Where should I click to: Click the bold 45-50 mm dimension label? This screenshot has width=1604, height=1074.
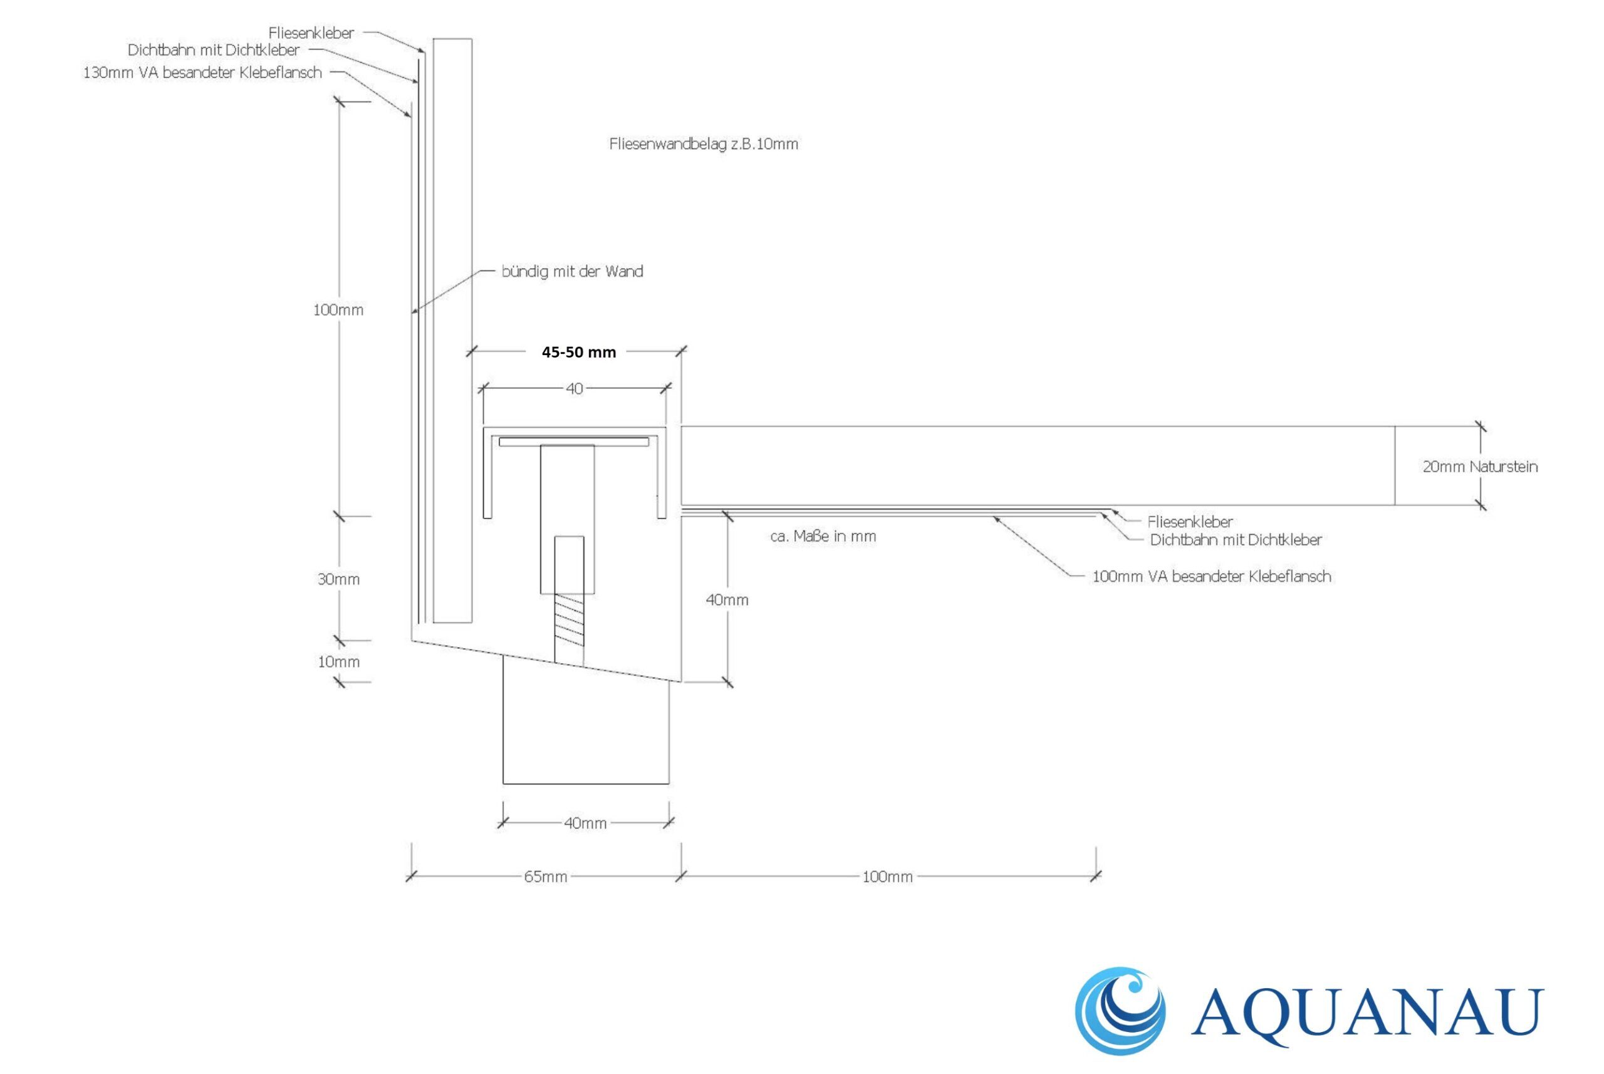578,352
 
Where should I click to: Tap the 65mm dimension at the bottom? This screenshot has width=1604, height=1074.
545,877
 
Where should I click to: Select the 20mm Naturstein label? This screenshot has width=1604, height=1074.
1480,467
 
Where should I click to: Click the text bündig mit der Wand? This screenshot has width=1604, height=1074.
572,272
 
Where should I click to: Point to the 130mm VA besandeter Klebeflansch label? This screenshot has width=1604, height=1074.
202,73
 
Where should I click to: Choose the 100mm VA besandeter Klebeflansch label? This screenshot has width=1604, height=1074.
1211,577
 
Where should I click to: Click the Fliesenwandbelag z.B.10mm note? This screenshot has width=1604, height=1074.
704,144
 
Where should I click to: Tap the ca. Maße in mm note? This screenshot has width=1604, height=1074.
823,536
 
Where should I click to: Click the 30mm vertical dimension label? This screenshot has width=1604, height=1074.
338,579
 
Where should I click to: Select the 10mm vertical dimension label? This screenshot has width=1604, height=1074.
338,663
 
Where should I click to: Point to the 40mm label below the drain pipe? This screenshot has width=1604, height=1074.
585,824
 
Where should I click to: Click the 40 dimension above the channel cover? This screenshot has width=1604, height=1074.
574,389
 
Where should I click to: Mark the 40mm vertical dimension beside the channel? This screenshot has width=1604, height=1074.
727,600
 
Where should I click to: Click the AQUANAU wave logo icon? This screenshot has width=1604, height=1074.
1119,1011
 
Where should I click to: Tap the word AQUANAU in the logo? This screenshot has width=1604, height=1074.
1368,1013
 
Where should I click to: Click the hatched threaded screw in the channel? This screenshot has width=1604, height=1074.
569,621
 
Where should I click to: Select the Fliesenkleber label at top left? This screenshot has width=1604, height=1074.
311,33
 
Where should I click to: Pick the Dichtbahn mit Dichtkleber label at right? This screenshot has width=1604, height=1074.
1236,540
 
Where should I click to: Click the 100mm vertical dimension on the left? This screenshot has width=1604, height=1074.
338,310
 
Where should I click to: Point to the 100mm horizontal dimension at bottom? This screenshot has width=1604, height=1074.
887,877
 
